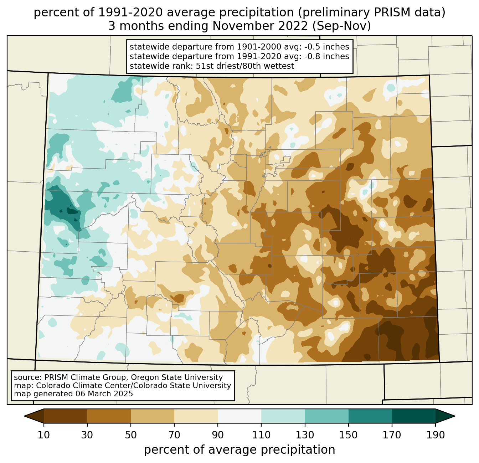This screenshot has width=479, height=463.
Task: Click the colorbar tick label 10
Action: [x=43, y=435]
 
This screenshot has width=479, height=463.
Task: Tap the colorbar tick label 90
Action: [x=218, y=435]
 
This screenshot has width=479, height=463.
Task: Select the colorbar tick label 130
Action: [x=305, y=435]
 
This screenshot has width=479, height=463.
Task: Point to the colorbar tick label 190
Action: [x=436, y=435]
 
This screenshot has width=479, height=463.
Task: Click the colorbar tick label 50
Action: [x=131, y=435]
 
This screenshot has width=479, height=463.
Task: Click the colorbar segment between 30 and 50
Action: [x=109, y=416]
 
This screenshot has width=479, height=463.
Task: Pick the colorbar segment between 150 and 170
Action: [x=370, y=416]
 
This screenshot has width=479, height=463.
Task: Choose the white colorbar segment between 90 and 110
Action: [x=239, y=416]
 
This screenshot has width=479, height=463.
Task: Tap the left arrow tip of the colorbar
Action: [x=24, y=416]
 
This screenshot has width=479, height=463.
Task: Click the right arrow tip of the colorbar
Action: [x=455, y=416]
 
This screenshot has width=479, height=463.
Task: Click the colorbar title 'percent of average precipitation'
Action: [x=239, y=449]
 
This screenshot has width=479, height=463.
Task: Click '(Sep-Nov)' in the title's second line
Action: [x=341, y=26]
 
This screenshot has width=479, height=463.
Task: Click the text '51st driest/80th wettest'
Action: [x=245, y=66]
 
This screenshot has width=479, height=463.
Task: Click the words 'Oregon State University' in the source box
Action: [x=177, y=377]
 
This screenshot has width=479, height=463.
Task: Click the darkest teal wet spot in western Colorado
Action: [x=72, y=211]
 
